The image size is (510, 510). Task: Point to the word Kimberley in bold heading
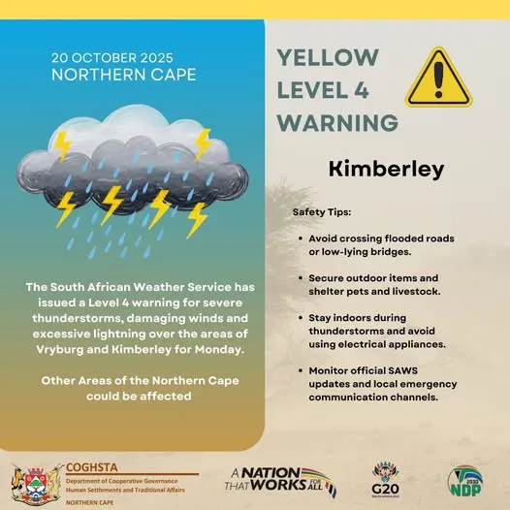click(x=386, y=170)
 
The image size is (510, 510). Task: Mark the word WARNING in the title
click(x=336, y=123)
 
